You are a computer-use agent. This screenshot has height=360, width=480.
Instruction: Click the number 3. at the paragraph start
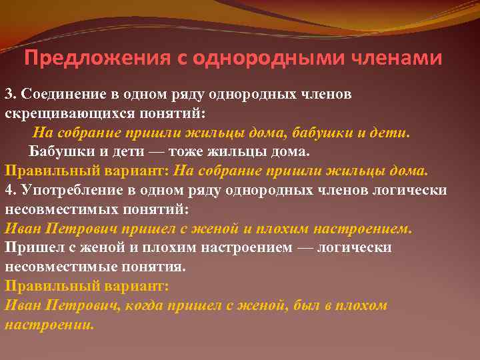(11, 93)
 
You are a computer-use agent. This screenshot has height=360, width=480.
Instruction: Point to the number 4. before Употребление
(11, 190)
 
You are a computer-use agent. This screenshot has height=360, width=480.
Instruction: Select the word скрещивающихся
(57, 113)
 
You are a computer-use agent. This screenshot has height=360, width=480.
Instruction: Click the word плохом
(363, 305)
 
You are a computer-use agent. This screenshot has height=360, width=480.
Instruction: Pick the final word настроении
(49, 325)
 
